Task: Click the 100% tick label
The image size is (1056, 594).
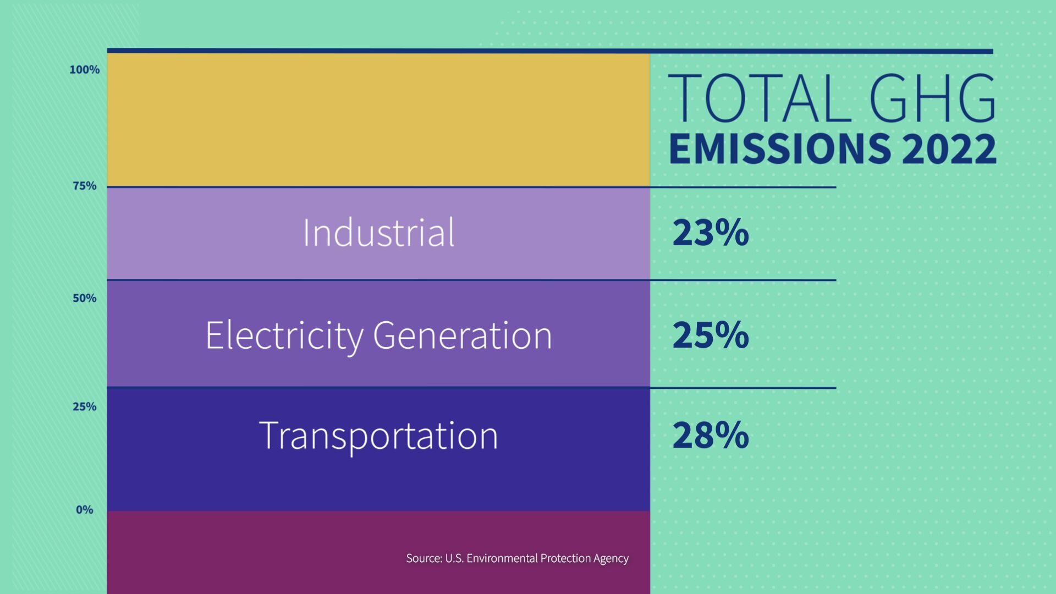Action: click(84, 70)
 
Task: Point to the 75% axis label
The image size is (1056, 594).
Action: click(84, 186)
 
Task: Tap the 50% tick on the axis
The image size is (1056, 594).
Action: click(84, 298)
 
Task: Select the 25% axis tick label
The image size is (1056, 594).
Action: click(84, 406)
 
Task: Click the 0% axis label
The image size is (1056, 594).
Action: click(84, 510)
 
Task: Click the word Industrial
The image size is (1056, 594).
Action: click(378, 233)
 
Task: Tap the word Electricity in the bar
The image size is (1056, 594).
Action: click(284, 335)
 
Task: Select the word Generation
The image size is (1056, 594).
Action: click(462, 335)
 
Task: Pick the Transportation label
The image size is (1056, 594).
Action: click(378, 436)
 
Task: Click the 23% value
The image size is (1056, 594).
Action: click(710, 233)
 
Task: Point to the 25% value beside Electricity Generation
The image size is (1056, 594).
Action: click(710, 335)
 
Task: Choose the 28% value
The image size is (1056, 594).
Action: click(710, 436)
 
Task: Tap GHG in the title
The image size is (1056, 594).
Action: click(932, 99)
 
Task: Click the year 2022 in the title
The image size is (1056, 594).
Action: click(949, 148)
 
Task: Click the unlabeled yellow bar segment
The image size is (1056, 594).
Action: click(378, 120)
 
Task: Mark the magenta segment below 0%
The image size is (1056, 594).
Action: click(248, 553)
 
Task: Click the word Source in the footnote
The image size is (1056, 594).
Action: click(424, 558)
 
